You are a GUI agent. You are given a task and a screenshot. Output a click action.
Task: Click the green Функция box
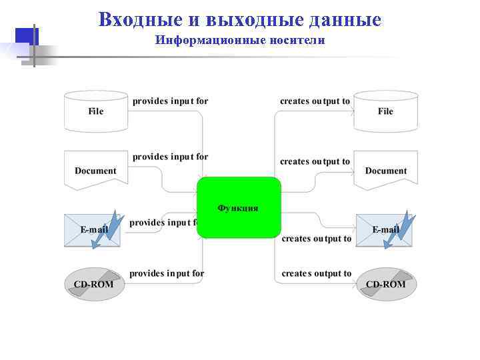coord(239,207)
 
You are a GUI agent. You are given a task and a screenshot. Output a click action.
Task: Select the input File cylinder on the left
coord(96,111)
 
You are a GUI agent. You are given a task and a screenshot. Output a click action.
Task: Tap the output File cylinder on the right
coord(385,111)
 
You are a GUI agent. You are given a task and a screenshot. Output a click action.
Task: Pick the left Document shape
coord(95,170)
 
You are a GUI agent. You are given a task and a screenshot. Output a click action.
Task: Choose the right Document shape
coord(385,170)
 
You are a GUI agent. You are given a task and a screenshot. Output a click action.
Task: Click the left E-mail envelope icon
coord(93,231)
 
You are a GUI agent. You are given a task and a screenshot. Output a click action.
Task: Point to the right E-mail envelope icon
coord(384,231)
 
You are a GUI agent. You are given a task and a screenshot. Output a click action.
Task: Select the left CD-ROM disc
coord(93,284)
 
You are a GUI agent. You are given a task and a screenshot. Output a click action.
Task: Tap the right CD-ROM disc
coord(385,284)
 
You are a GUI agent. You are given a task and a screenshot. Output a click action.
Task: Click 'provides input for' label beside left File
coord(170,101)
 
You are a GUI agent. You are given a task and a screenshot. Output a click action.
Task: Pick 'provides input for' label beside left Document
coord(170,157)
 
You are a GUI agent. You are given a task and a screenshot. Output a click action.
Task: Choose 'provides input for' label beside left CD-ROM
coord(167,273)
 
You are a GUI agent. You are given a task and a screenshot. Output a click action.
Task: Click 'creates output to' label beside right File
coord(315,101)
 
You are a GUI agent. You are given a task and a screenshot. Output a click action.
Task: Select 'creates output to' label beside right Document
coord(315,161)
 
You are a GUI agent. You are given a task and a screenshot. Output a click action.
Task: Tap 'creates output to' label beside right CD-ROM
coord(316,273)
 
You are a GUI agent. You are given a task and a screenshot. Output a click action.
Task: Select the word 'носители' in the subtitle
coord(297,41)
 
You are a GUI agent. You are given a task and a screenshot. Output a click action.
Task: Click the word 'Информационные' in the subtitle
coord(211,41)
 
